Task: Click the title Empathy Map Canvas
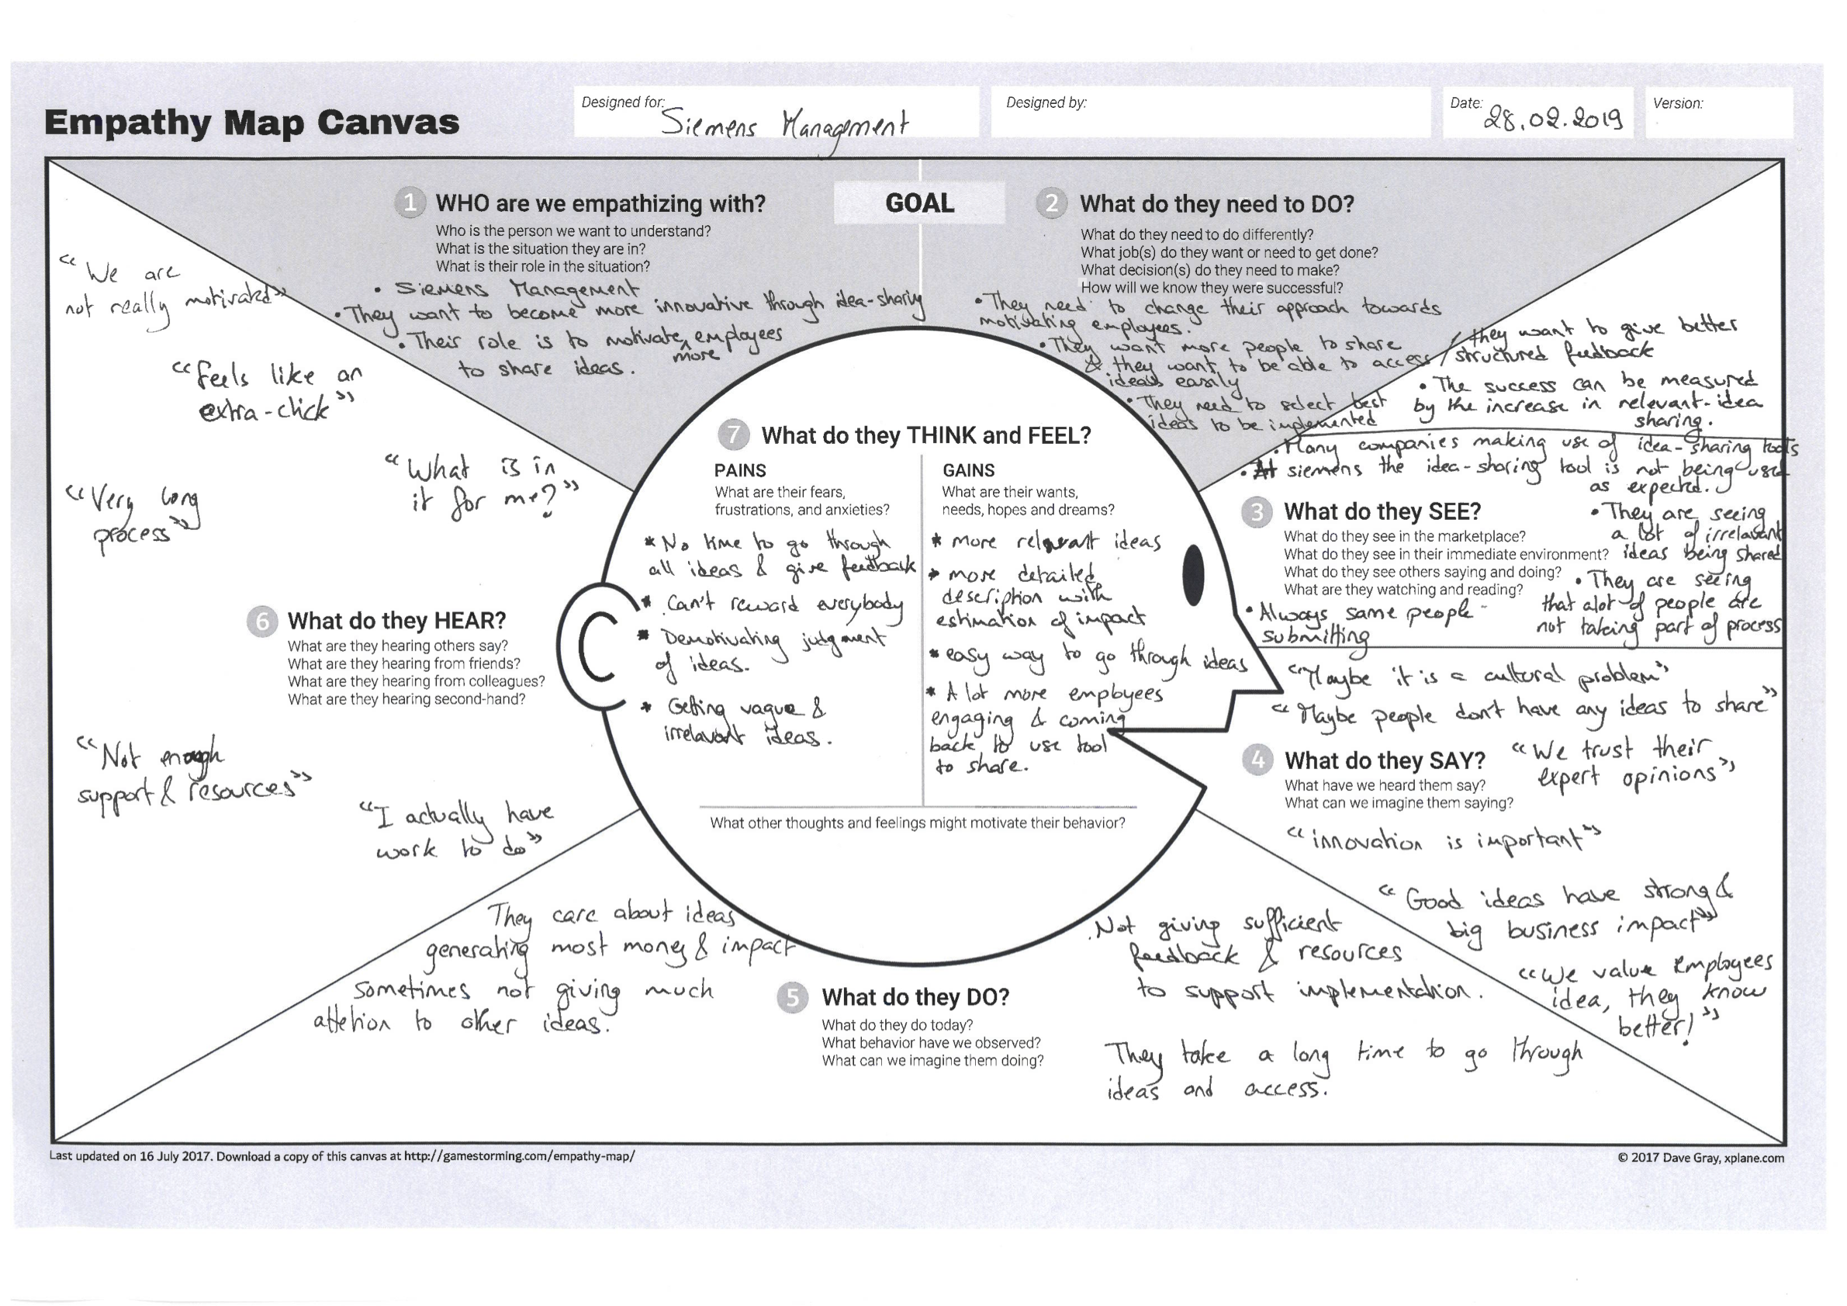252,123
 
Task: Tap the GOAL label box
919,203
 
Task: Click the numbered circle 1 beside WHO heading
410,203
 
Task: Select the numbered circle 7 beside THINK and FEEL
733,435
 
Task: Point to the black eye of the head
1194,573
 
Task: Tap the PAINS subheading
740,471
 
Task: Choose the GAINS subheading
969,471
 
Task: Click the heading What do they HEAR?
396,622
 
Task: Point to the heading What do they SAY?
1385,760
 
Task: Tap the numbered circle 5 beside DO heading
792,998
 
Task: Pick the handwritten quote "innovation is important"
1444,840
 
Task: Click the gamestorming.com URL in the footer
519,1156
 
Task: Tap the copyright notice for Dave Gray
1700,1158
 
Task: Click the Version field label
1677,103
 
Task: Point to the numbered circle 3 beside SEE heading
1257,512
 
